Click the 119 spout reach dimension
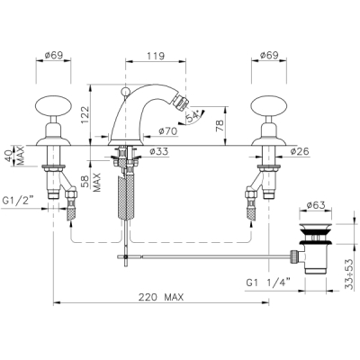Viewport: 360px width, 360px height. (x=156, y=56)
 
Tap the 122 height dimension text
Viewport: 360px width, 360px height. (x=85, y=115)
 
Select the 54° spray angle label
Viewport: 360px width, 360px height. (x=193, y=117)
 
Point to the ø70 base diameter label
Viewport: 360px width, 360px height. (x=168, y=131)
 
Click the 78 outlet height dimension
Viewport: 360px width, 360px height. (x=220, y=126)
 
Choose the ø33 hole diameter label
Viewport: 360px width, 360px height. (x=158, y=152)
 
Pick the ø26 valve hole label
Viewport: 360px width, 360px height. (x=300, y=152)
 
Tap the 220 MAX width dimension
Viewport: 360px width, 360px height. (x=161, y=297)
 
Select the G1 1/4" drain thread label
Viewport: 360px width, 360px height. (x=268, y=283)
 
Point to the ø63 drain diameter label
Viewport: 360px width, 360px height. (x=316, y=205)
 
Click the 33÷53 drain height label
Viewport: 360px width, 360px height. (x=349, y=274)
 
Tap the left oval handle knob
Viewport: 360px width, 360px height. (x=53, y=105)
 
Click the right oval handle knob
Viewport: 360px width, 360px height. (x=268, y=105)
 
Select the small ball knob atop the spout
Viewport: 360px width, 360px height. (x=125, y=91)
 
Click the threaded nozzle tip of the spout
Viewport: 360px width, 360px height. (x=182, y=103)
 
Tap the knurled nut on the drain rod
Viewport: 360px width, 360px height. (x=293, y=256)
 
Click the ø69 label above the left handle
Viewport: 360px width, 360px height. (x=54, y=55)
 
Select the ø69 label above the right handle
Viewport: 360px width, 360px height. (x=269, y=55)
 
